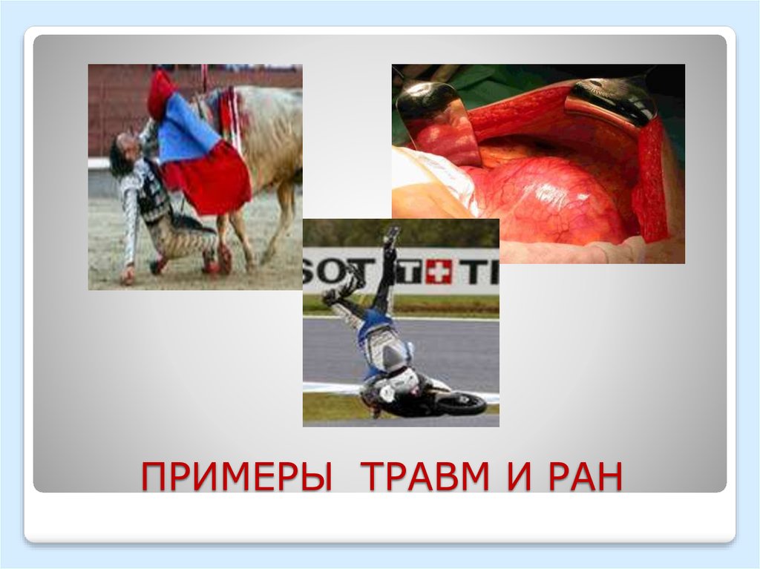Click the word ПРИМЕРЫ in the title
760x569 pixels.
click(236, 477)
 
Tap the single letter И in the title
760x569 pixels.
click(520, 477)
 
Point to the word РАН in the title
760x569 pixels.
click(585, 477)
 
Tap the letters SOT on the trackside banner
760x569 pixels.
click(326, 271)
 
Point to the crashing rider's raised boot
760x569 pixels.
click(391, 236)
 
